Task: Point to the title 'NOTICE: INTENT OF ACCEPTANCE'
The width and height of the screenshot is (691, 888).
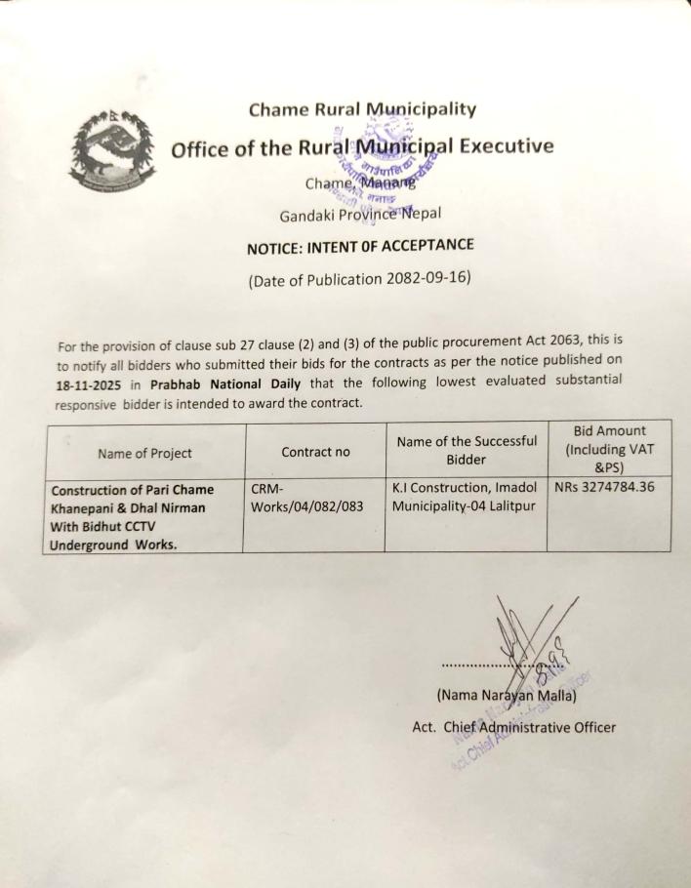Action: pyautogui.click(x=360, y=246)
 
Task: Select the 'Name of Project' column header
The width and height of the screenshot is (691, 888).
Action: pyautogui.click(x=144, y=453)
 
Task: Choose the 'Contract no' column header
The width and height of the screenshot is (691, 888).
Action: pyautogui.click(x=315, y=453)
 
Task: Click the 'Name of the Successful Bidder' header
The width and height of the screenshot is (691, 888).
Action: pyautogui.click(x=466, y=450)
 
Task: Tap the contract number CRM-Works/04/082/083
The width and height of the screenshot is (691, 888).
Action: pyautogui.click(x=302, y=497)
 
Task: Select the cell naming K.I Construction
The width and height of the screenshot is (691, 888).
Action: pyautogui.click(x=464, y=497)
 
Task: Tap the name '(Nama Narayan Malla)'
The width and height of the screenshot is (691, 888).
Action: pyautogui.click(x=506, y=697)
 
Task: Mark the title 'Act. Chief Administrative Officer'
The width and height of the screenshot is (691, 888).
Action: pyautogui.click(x=513, y=727)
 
